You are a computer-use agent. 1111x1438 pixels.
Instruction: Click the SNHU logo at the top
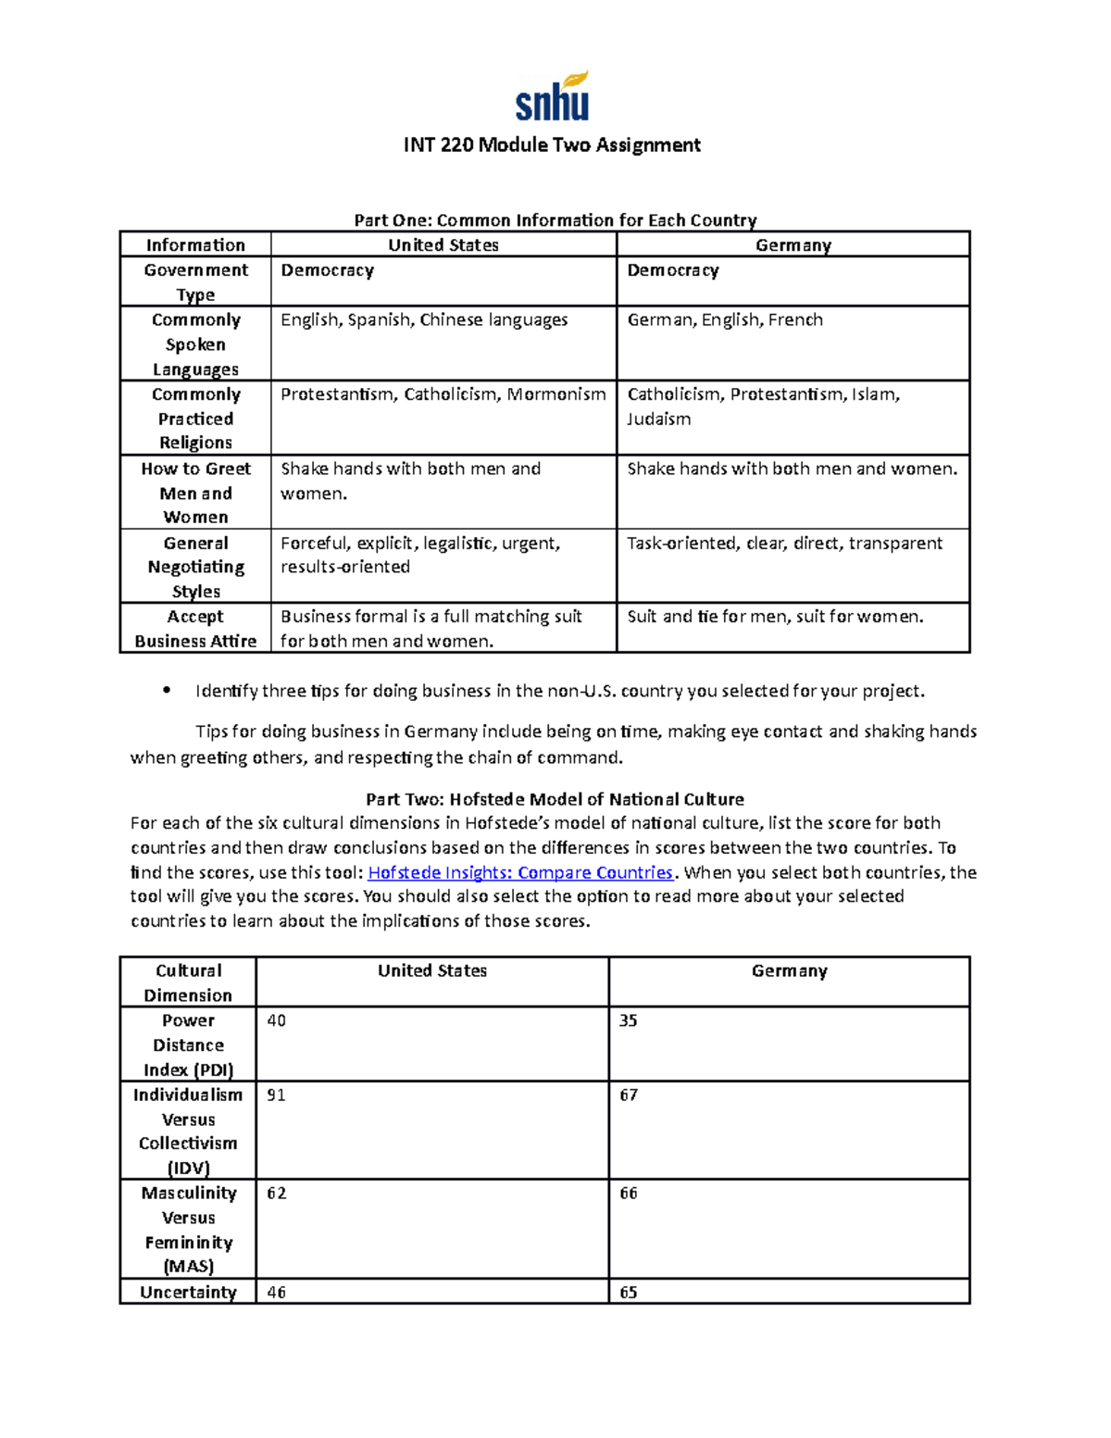[x=553, y=97]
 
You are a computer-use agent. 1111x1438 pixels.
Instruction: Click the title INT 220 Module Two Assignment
[x=552, y=145]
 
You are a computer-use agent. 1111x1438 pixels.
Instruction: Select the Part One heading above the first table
[x=555, y=220]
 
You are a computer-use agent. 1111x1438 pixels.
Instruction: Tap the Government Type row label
[x=195, y=281]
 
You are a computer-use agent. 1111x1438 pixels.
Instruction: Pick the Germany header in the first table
[x=793, y=245]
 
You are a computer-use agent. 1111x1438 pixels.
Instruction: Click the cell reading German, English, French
[x=724, y=320]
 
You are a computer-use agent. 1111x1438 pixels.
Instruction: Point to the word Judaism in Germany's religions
[x=658, y=419]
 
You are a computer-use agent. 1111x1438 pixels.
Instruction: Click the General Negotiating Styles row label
[x=195, y=567]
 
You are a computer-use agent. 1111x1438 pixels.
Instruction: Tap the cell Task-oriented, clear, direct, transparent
[x=784, y=544]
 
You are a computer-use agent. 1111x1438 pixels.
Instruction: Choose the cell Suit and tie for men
[x=774, y=617]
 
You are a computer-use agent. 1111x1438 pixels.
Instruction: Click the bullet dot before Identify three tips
[x=167, y=690]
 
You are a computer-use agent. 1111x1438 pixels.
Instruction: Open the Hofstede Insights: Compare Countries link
[x=520, y=872]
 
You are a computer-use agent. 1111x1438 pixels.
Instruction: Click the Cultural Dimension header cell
[x=188, y=982]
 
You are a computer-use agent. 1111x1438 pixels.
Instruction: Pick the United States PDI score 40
[x=276, y=1020]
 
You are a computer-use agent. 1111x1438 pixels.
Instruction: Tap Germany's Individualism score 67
[x=629, y=1095]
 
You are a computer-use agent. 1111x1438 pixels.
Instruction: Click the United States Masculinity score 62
[x=276, y=1194]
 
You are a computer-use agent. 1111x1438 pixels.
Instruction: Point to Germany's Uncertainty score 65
[x=629, y=1293]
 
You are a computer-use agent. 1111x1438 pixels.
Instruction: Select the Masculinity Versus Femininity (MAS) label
[x=188, y=1230]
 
